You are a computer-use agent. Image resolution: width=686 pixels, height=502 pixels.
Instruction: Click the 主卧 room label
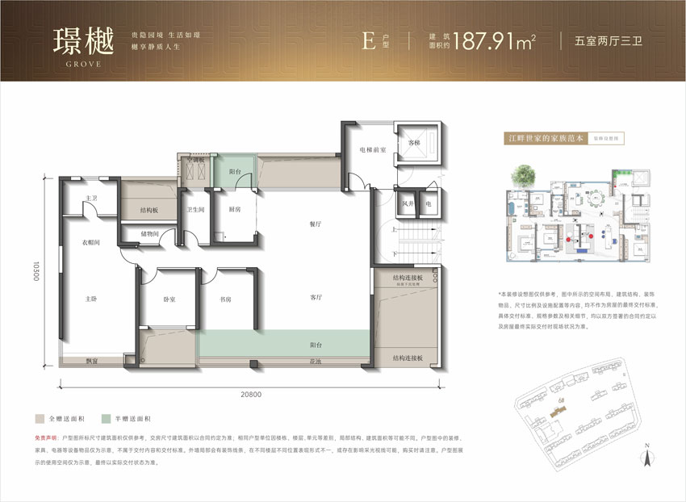click(91, 299)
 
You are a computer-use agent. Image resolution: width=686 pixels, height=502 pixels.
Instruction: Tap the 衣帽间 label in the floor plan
click(90, 241)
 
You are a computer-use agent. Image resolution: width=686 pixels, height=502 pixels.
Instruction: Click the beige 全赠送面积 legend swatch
click(38, 420)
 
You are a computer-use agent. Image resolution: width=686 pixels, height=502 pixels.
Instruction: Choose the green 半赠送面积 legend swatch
click(107, 420)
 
